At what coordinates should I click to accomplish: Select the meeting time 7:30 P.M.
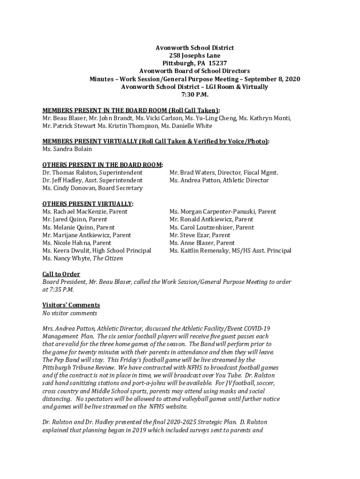tap(195, 94)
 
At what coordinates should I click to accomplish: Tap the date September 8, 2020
tap(272, 79)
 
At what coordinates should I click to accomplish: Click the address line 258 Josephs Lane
tap(194, 56)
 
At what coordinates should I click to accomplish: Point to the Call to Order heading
tap(61, 274)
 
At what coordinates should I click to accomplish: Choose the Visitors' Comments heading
tap(71, 305)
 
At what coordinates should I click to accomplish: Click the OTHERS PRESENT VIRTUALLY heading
tap(87, 204)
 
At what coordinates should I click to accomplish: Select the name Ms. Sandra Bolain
tap(67, 149)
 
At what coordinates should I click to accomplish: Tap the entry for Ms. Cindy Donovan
tap(93, 188)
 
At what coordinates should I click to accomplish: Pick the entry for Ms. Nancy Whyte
tap(83, 258)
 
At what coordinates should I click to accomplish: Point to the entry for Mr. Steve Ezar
tap(200, 235)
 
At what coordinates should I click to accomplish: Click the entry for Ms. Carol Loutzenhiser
tap(212, 227)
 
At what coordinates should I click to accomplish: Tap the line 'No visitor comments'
tap(70, 313)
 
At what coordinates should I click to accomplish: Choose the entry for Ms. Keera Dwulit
tap(96, 251)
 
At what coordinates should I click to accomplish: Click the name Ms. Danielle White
tap(186, 126)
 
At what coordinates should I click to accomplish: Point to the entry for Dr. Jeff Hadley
tap(92, 181)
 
